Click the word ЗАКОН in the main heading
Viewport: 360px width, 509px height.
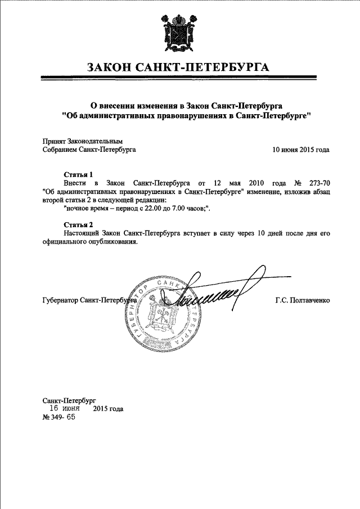coord(111,69)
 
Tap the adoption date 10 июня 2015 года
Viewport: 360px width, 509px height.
coord(301,150)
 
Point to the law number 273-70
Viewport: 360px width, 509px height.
coord(318,183)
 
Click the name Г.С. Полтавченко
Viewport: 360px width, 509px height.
coord(303,300)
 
